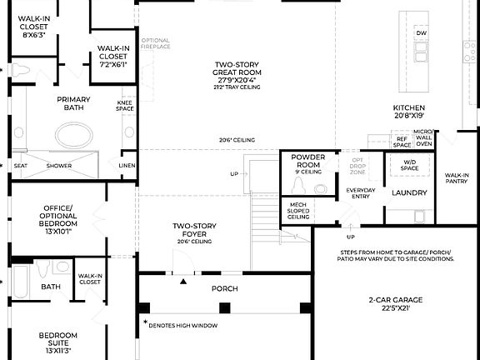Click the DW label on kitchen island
coord(421,33)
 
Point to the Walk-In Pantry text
coord(457,178)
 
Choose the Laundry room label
coord(409,192)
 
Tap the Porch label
coord(224,288)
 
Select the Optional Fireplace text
coord(156,44)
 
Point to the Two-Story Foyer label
coord(195,230)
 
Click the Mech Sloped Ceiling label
coord(298,209)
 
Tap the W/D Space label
coord(409,165)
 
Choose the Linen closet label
coord(127,166)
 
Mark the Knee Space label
coord(125,106)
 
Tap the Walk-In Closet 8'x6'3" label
coord(33,27)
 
